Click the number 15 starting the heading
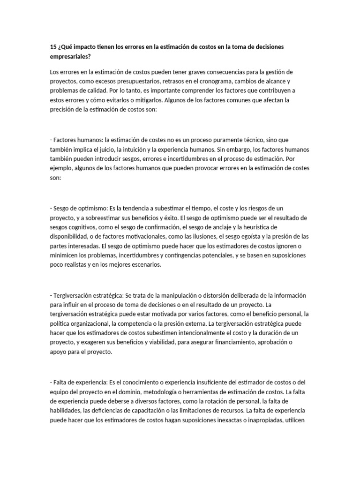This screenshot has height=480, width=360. click(x=52, y=47)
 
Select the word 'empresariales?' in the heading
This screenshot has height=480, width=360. click(x=70, y=56)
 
